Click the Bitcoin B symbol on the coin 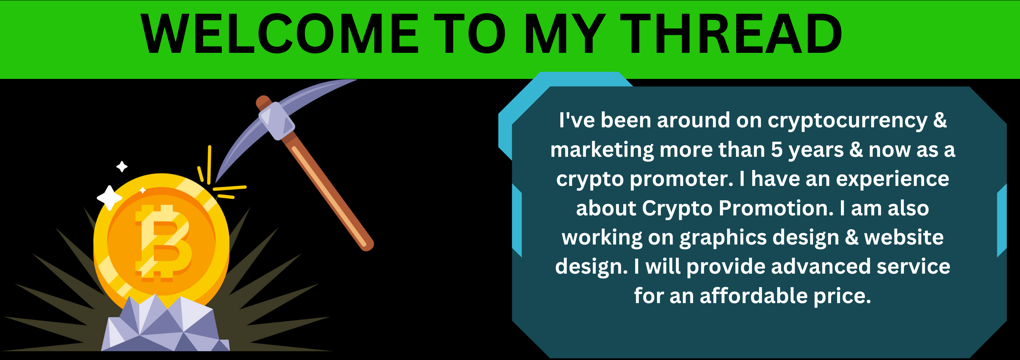coord(163,242)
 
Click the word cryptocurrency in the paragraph coord(847,121)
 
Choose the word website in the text coord(904,238)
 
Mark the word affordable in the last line coord(754,296)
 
